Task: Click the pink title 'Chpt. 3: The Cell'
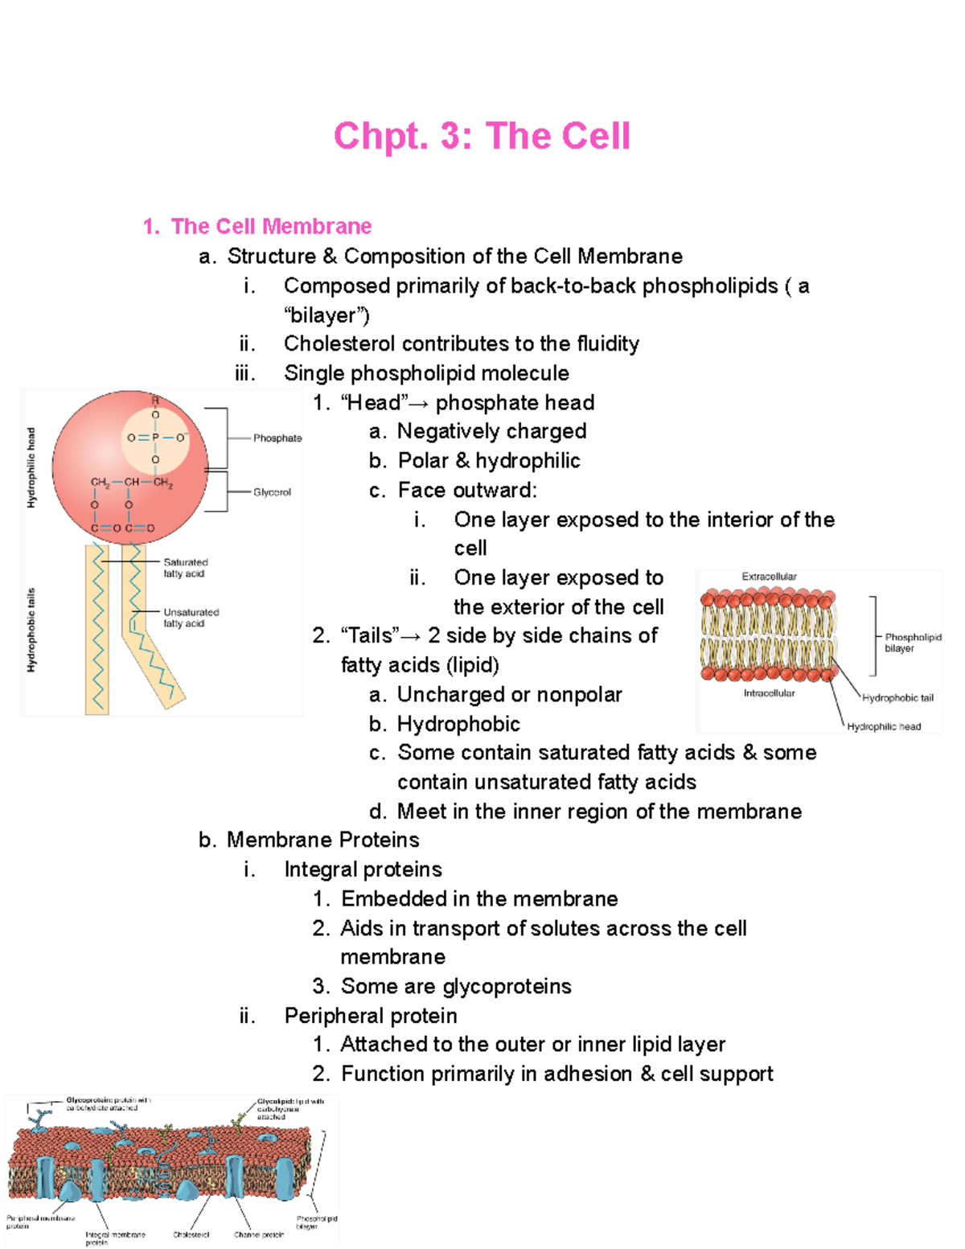coord(482,136)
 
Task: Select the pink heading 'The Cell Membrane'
coord(271,226)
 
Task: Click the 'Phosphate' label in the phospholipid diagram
coord(277,438)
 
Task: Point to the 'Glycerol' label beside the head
coord(272,492)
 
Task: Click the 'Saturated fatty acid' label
coord(185,568)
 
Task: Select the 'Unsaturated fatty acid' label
coord(191,618)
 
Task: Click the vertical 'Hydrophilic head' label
coord(31,468)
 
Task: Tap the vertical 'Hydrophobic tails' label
coord(31,630)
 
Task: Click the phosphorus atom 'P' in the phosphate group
coord(155,438)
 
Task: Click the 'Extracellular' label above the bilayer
coord(769,577)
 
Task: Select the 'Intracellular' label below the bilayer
coord(769,693)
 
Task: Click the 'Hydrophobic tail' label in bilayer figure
coord(897,698)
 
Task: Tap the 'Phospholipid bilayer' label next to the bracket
coord(912,643)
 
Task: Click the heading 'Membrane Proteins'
coord(322,840)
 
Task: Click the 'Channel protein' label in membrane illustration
coord(259,1235)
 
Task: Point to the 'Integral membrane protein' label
coord(115,1238)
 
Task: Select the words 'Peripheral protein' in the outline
coord(371,1016)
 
